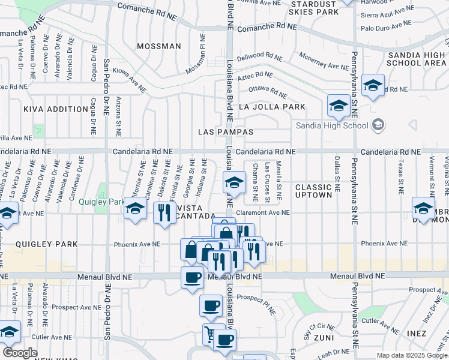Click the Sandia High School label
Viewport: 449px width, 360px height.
(x=332, y=125)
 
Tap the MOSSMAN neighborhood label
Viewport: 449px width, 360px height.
(x=158, y=46)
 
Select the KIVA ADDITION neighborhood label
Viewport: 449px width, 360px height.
(x=56, y=109)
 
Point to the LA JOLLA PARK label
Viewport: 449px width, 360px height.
(x=272, y=107)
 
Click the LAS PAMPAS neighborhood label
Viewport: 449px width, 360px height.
(x=226, y=131)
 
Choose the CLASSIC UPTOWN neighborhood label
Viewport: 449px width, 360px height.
(x=313, y=191)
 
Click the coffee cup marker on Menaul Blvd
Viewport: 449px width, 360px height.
(x=192, y=278)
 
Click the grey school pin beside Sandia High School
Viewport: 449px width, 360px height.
(x=378, y=125)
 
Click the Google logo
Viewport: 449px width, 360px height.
(x=20, y=352)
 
